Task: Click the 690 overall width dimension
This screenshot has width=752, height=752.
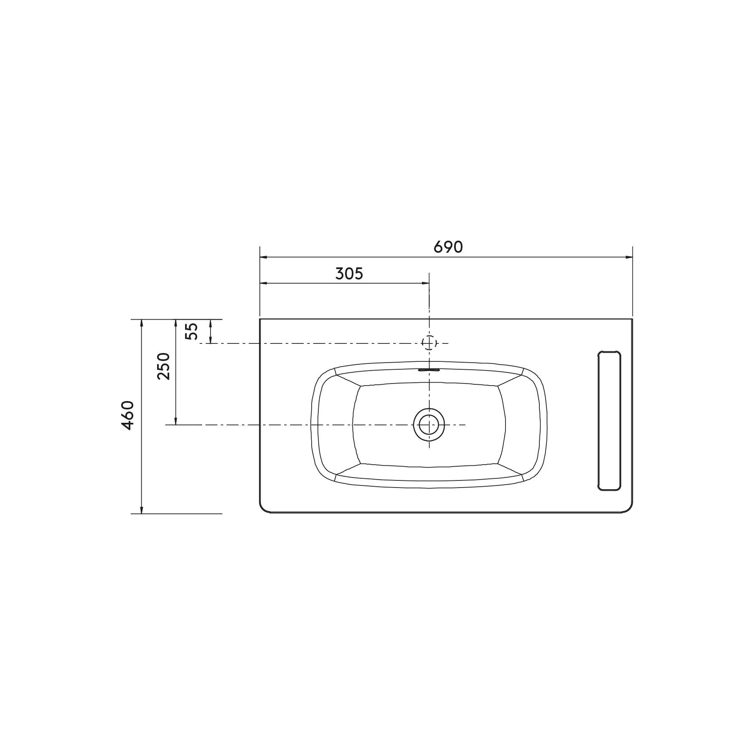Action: pos(448,247)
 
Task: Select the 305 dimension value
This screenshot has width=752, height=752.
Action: pos(349,274)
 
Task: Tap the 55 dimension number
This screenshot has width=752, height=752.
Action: pos(191,331)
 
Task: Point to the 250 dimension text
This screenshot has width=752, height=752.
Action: pos(164,366)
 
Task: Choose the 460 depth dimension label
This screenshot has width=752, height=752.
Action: pos(128,415)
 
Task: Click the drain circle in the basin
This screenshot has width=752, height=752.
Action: pos(429,424)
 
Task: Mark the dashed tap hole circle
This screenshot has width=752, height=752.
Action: pos(429,343)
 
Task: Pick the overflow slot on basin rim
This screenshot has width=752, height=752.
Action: pos(429,370)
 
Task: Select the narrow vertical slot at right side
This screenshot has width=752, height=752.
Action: pos(610,420)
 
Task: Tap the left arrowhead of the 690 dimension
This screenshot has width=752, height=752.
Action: pos(264,257)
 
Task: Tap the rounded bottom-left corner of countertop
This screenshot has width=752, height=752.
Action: pos(264,509)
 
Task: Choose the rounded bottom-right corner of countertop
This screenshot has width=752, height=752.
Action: pos(629,509)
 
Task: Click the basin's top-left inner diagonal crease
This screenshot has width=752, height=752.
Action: pos(348,379)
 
